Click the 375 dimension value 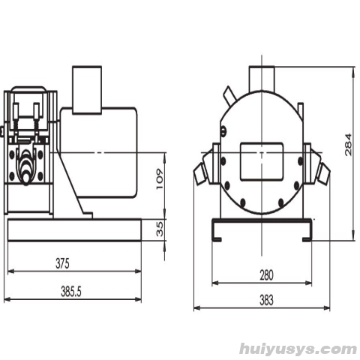point(62,263)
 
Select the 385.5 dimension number point(71,292)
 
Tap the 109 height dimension point(160,179)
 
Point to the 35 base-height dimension point(160,229)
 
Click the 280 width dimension point(266,275)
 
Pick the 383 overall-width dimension point(266,300)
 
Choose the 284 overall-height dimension point(348,145)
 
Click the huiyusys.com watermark point(298,349)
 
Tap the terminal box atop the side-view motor point(87,90)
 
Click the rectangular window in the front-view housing point(262,161)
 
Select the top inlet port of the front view point(262,79)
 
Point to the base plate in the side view point(74,230)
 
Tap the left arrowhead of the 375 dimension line point(11,271)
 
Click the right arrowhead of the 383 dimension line point(326,308)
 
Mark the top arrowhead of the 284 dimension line point(353,70)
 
